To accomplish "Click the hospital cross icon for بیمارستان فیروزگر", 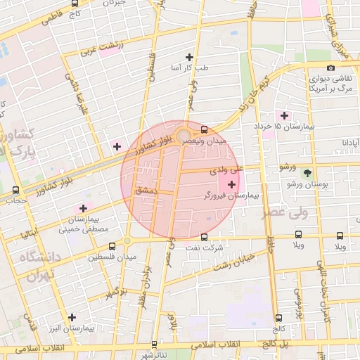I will pos(232,184).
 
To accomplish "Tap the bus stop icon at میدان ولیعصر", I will pos(204,129).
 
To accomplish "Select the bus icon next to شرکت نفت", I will pos(204,237).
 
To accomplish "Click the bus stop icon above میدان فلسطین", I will pos(112,246).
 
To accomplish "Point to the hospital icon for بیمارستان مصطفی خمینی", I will pos(83,208).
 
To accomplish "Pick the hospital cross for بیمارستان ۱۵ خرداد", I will pos(284,115).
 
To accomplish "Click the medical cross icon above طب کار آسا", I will pos(188,57).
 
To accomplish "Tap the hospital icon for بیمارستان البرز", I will pos(72,317).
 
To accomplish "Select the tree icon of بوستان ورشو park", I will pos(306,172).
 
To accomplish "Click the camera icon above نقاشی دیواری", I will pos(331,68).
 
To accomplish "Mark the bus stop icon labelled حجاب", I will pos(15,190).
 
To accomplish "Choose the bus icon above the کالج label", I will pos(278,318).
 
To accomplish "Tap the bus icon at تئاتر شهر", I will pos(155,345).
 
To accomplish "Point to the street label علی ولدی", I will pos(226,169).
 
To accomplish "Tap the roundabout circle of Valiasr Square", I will pos(184,134).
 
